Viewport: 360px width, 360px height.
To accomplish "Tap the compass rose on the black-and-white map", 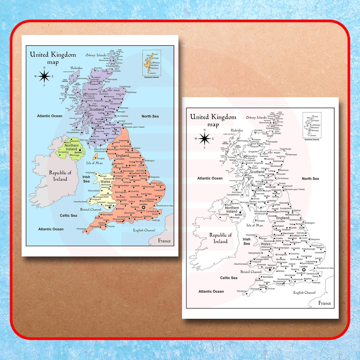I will coord(205,139).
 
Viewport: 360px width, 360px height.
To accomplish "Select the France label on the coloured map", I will coord(164,241).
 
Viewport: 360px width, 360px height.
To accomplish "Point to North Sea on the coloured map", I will coord(150,116).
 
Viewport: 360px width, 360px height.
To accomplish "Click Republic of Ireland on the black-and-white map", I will coord(220,238).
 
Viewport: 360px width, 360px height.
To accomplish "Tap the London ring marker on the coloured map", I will coord(144,207).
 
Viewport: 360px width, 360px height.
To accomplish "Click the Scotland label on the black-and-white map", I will coord(257,172).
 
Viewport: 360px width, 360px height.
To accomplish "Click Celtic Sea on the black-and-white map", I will coord(229,278).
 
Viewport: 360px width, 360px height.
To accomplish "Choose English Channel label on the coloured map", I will coord(144,230).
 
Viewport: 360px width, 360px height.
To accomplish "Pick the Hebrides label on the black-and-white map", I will coord(234,130).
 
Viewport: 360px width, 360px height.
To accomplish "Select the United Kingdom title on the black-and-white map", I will coord(213,117).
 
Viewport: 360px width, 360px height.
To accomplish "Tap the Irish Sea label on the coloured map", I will coord(86,179).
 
